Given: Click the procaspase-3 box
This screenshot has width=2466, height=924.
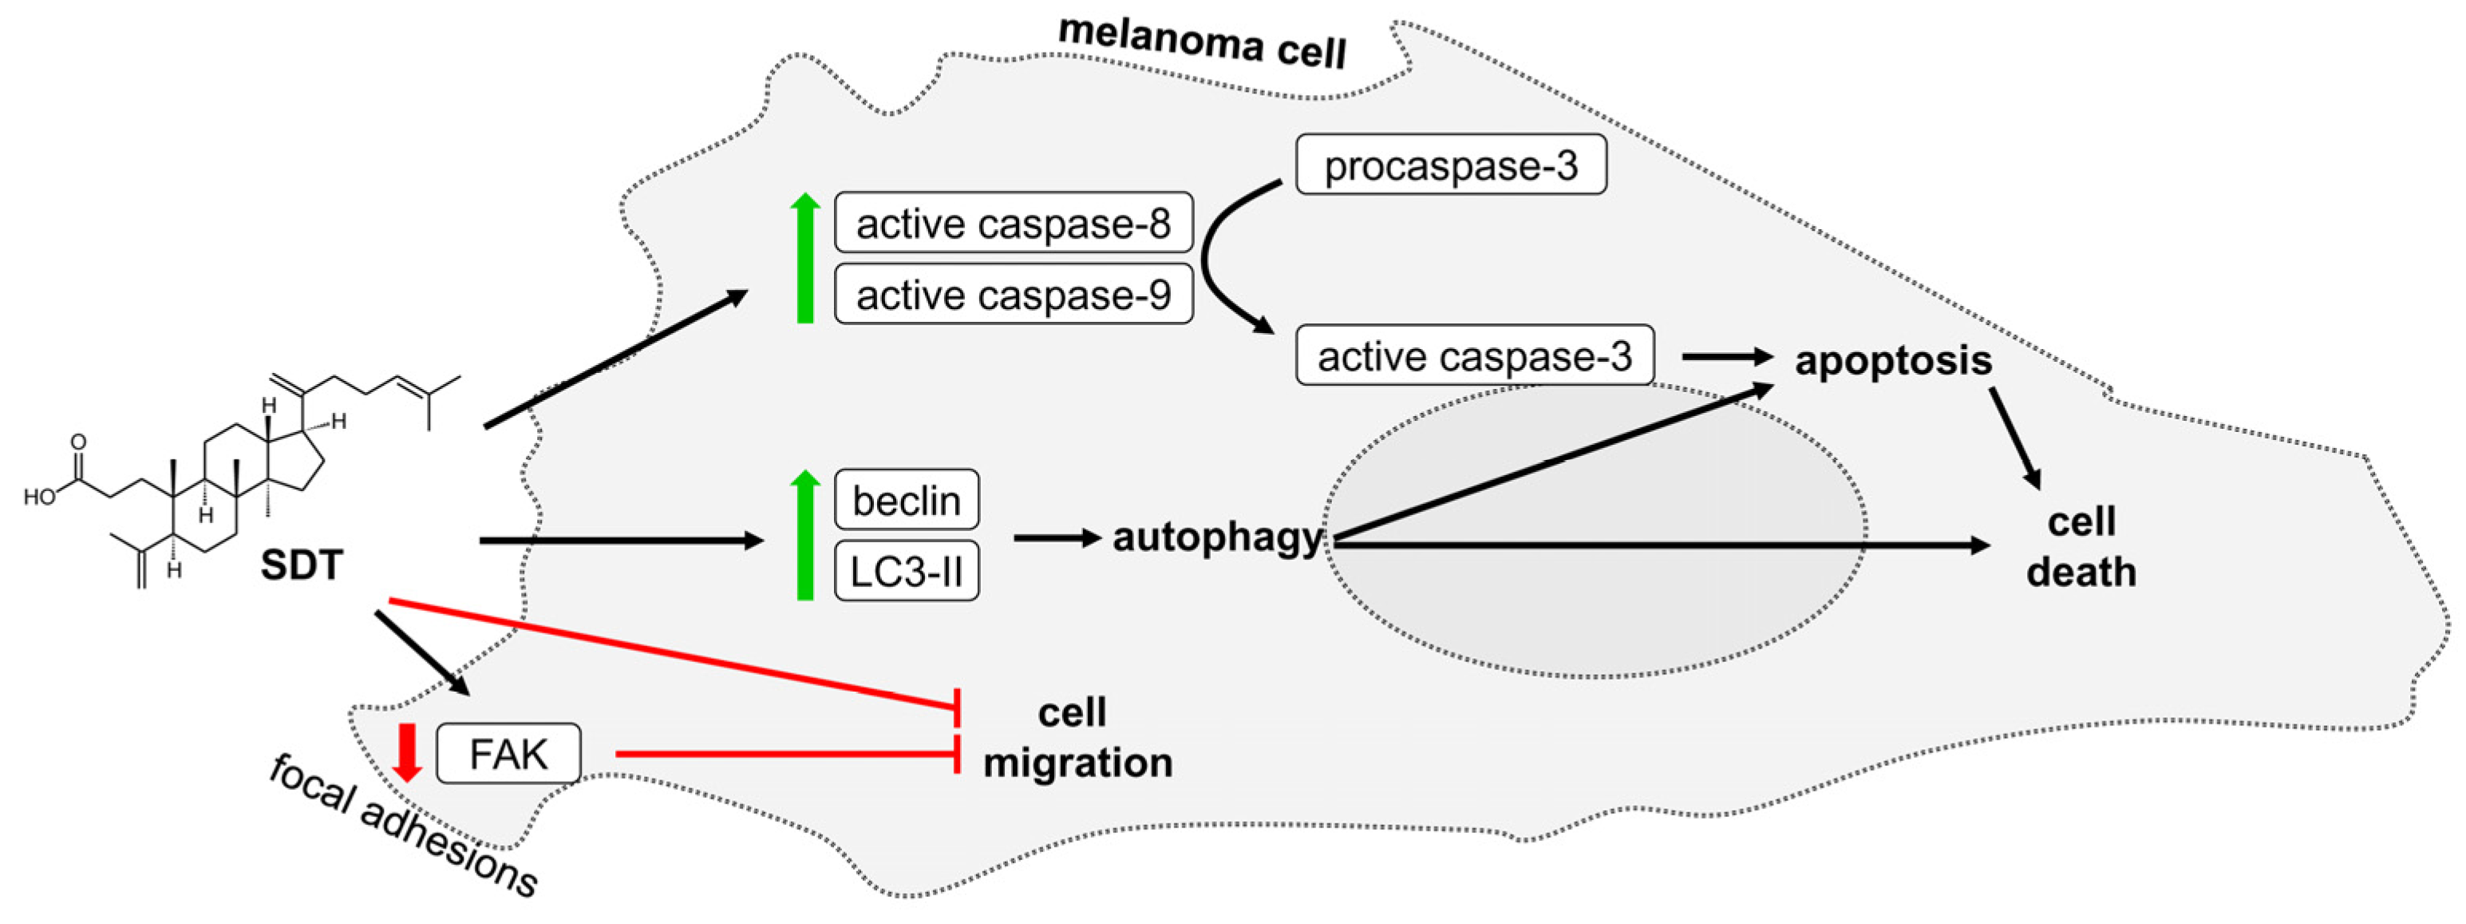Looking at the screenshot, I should [1449, 165].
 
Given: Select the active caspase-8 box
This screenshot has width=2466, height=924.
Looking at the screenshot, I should [1013, 223].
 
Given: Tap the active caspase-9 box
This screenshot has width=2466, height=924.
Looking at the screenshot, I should [1013, 295].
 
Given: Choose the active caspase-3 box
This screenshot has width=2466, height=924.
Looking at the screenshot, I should [1473, 356].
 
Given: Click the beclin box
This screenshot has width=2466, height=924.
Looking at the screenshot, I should [906, 500].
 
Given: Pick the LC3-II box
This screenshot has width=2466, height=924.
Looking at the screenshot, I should [906, 572].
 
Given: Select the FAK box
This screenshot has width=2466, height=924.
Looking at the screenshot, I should [508, 754].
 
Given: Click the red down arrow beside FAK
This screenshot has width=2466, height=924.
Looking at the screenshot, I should [408, 752].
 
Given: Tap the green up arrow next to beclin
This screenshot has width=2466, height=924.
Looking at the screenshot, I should [805, 536].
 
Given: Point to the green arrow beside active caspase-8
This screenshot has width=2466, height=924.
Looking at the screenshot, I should [805, 259].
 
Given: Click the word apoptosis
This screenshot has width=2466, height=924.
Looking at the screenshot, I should [1892, 361].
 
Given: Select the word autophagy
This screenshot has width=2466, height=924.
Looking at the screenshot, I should [1215, 537].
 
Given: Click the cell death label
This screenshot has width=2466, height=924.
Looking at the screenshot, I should [2081, 547].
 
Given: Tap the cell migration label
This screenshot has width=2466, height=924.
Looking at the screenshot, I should [1076, 737].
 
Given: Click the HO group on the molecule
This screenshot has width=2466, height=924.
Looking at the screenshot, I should [39, 498].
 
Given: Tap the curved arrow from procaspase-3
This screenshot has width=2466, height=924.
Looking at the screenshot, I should [1209, 259].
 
